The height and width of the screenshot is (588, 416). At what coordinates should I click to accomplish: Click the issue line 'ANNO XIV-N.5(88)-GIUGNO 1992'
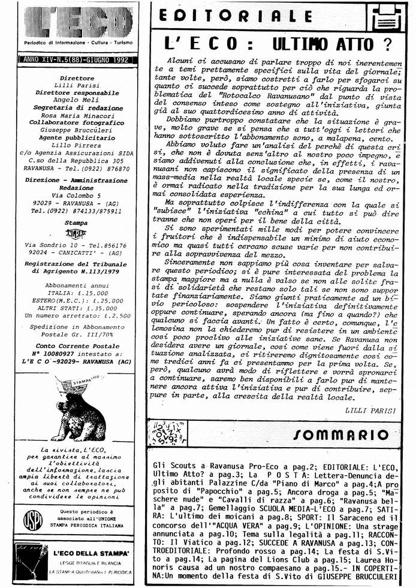74,60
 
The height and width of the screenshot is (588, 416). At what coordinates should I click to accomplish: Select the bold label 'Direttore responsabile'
74,94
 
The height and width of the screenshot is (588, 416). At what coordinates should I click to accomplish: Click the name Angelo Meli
74,101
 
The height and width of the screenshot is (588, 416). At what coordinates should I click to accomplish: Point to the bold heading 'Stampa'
74,222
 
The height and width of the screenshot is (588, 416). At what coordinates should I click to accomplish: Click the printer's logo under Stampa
74,234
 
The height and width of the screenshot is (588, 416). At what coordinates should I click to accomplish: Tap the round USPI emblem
33,520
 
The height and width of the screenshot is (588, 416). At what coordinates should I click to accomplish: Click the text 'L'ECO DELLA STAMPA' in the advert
91,552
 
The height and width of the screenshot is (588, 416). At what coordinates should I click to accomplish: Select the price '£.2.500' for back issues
117,315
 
